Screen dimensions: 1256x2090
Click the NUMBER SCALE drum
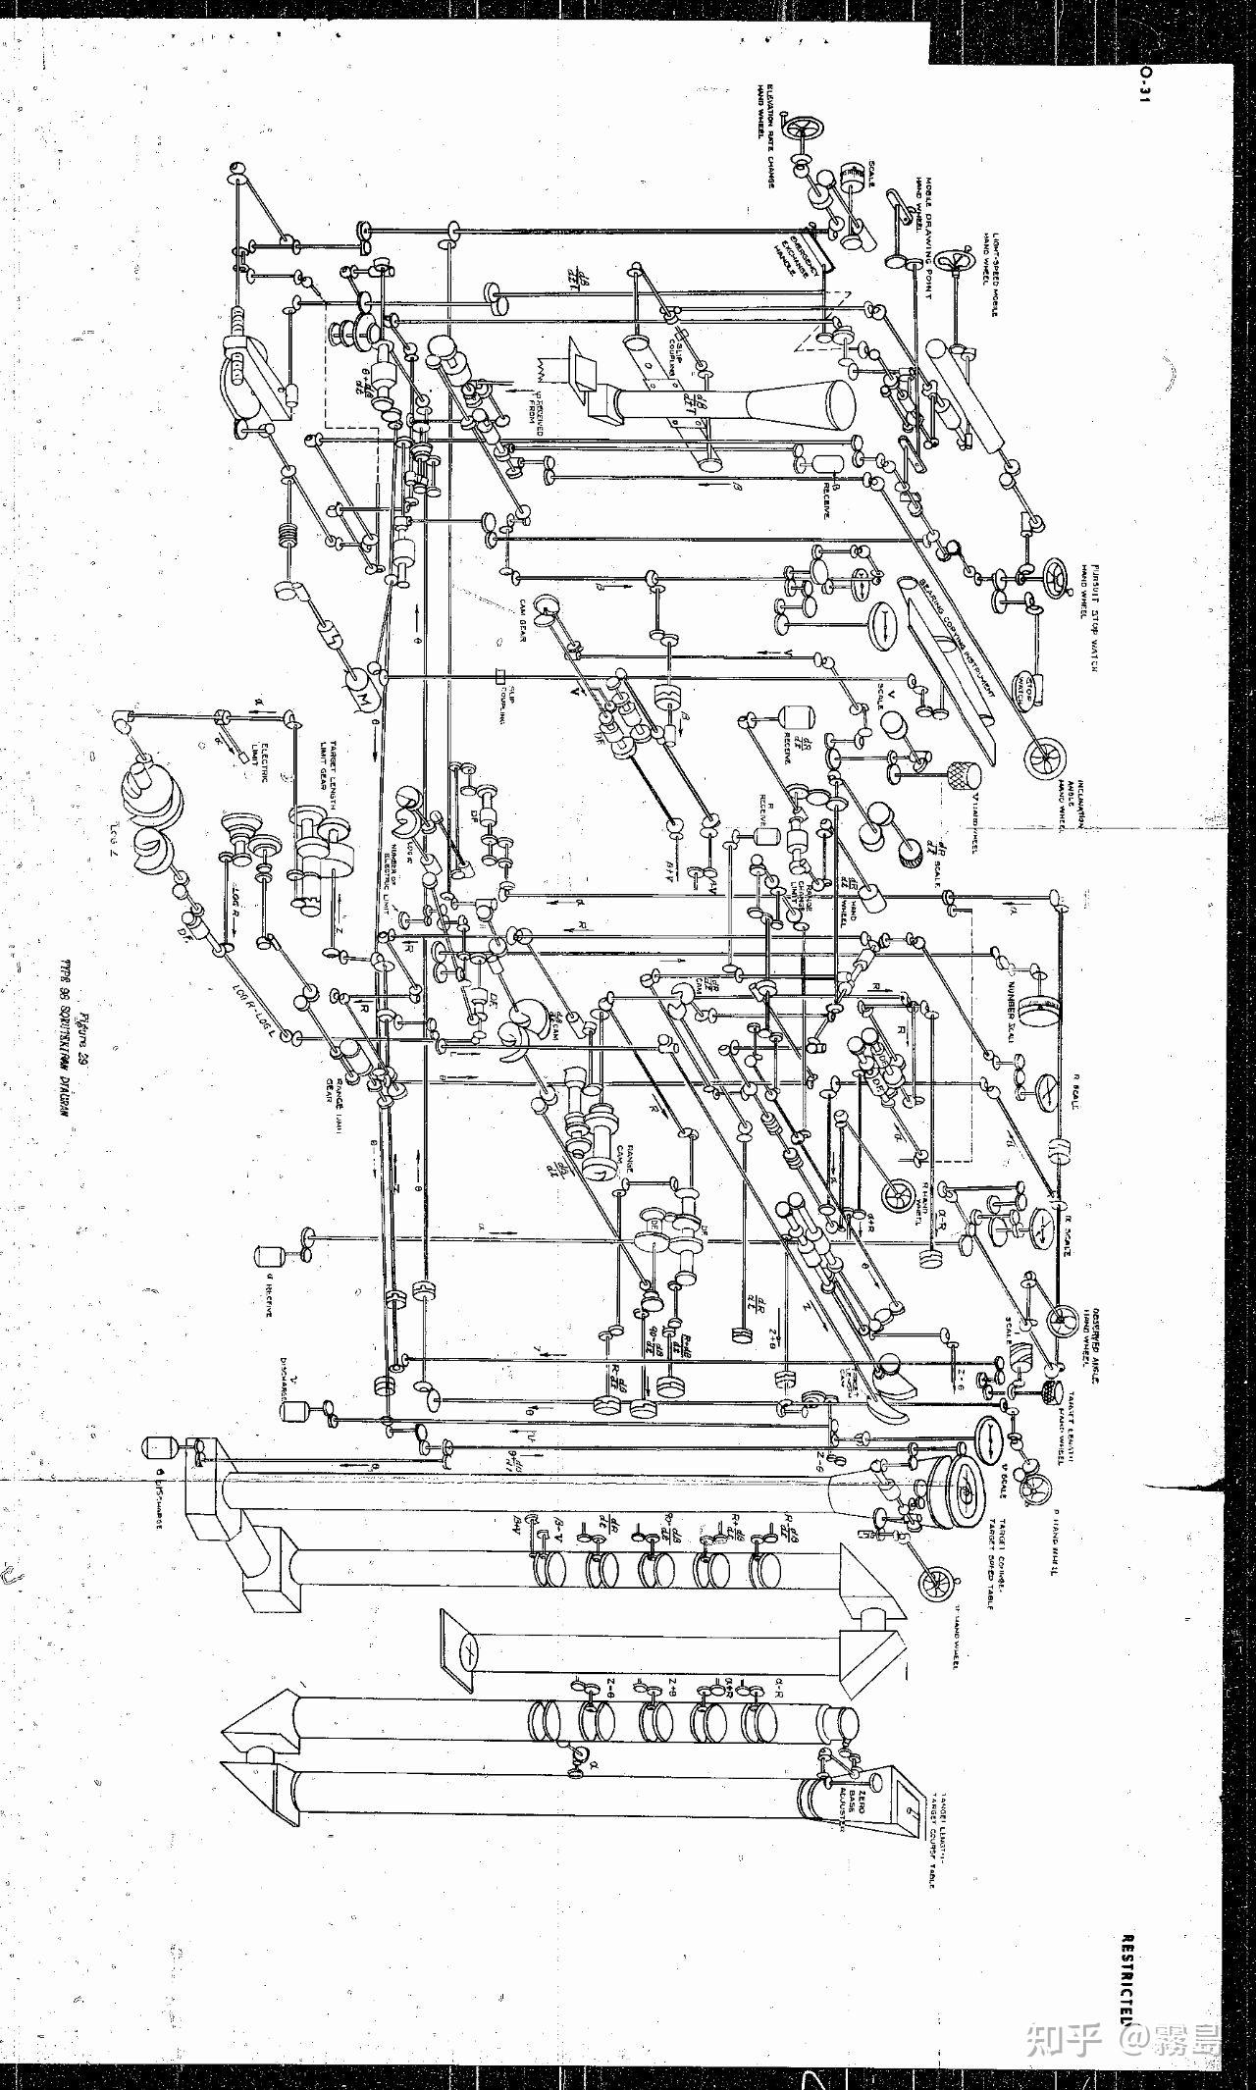pos(1038,1010)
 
